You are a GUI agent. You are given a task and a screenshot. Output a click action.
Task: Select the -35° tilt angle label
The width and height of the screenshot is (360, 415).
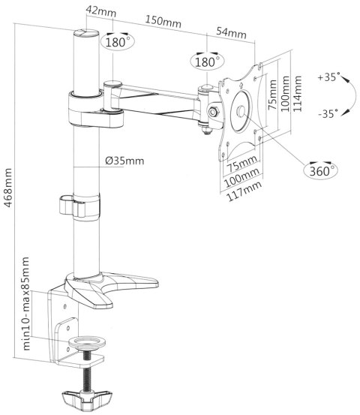coord(327,113)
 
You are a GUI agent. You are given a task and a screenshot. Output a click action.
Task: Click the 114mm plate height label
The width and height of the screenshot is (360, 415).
coord(298,92)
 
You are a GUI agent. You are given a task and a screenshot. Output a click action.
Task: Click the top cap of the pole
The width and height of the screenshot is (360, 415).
coord(86,33)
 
